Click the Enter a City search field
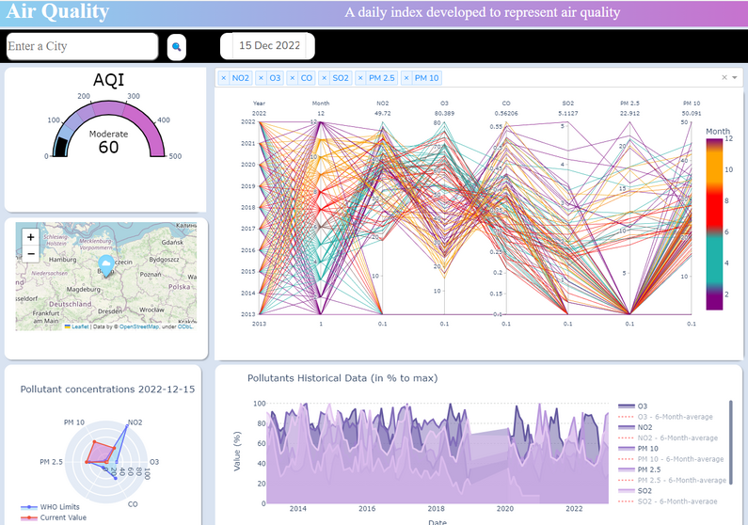pyautogui.click(x=81, y=46)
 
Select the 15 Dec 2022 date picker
pyautogui.click(x=268, y=45)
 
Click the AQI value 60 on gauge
pyautogui.click(x=108, y=148)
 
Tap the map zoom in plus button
pyautogui.click(x=30, y=237)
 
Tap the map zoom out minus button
pyautogui.click(x=30, y=254)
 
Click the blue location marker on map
pyautogui.click(x=106, y=264)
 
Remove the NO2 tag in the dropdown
pyautogui.click(x=224, y=78)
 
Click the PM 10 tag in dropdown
pyautogui.click(x=426, y=78)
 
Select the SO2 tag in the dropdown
pyautogui.click(x=340, y=78)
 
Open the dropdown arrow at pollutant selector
pyautogui.click(x=734, y=78)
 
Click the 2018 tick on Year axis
pyautogui.click(x=247, y=207)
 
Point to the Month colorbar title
pyautogui.click(x=717, y=131)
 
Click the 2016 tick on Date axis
pyautogui.click(x=366, y=508)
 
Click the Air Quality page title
pyautogui.click(x=56, y=12)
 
